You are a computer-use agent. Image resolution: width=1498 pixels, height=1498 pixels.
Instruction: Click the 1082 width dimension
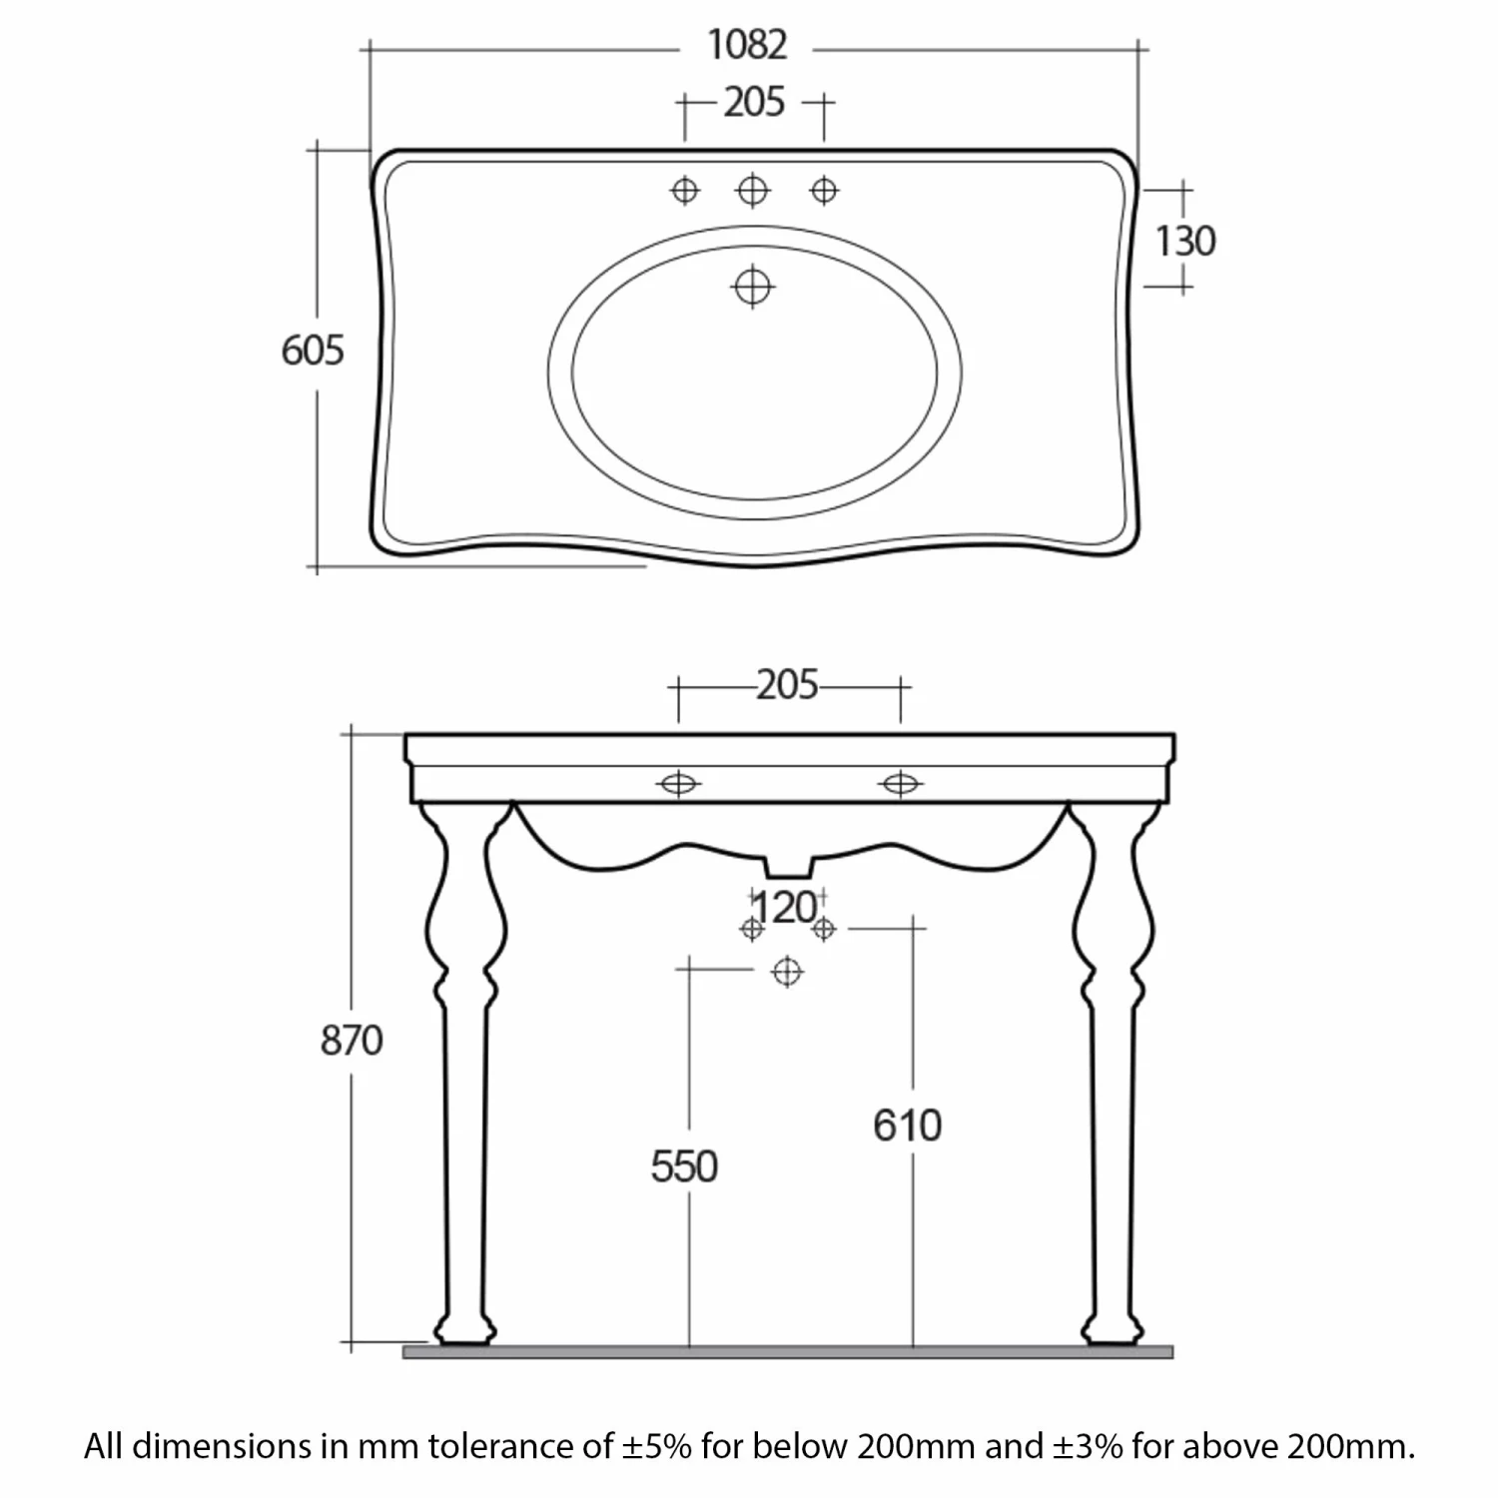[x=747, y=45]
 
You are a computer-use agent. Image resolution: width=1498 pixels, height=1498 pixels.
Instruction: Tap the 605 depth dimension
[x=313, y=351]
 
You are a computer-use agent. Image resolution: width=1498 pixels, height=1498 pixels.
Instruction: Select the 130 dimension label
[x=1185, y=241]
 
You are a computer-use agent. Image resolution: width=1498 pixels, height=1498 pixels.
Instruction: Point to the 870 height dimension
[x=352, y=1041]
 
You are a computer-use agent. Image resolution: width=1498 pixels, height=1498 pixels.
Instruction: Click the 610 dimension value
[x=907, y=1125]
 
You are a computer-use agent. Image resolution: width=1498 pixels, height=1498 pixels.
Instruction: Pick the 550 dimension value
[x=684, y=1166]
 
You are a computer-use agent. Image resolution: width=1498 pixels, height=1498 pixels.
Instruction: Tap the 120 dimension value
[x=785, y=908]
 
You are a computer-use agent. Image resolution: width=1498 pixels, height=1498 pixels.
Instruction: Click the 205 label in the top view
[x=754, y=102]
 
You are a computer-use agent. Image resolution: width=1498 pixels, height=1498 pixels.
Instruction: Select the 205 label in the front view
[x=787, y=685]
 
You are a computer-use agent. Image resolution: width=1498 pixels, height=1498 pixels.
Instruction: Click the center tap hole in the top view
[x=753, y=190]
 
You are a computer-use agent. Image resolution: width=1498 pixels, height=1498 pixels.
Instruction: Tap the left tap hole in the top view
[x=685, y=190]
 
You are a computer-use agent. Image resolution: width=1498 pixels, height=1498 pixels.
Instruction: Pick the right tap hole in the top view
[x=824, y=190]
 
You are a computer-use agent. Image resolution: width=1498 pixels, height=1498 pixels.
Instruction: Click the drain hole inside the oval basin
[x=753, y=287]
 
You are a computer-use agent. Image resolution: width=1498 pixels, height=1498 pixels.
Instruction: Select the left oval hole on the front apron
[x=678, y=784]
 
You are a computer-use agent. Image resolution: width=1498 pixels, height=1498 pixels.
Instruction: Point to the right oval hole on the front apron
[x=901, y=784]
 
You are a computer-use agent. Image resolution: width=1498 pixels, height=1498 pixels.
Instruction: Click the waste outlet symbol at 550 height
[x=788, y=971]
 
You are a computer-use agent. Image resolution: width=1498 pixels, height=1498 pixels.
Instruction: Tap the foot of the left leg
[x=464, y=1332]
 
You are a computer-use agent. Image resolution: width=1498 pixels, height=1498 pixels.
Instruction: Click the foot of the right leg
[x=1112, y=1332]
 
